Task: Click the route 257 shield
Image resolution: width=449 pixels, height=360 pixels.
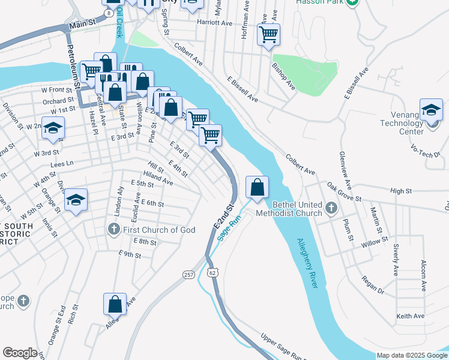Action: coord(189,274)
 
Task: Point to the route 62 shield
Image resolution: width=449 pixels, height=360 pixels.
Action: coord(213,273)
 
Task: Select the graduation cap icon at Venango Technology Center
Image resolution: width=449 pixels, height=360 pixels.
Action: coord(431,110)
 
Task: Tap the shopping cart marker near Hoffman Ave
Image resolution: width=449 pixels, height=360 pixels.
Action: coord(268,34)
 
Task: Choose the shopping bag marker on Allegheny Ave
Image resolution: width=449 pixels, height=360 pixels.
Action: coord(115,304)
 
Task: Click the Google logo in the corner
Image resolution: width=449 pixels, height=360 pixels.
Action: coord(20,353)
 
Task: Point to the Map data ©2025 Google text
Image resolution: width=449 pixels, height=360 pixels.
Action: coord(411,355)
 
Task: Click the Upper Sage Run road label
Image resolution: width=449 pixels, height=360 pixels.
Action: coord(282,347)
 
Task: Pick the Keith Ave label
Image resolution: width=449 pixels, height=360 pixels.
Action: coord(410,316)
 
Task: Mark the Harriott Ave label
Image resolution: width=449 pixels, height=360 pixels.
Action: coord(214,23)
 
